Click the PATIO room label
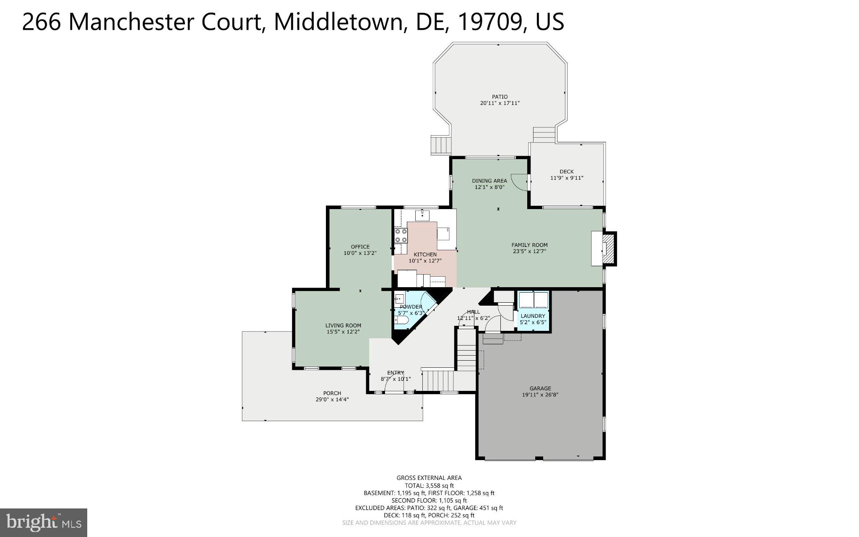point(500,97)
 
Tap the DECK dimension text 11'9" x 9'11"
point(567,178)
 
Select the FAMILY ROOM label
point(529,245)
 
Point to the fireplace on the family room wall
point(607,248)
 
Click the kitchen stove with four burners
point(401,236)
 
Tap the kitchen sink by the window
point(422,215)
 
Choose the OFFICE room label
point(360,246)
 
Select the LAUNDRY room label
point(533,316)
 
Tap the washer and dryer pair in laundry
point(534,300)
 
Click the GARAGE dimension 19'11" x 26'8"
point(540,395)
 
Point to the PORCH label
point(332,393)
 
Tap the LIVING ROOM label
point(343,325)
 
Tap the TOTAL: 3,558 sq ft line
point(429,485)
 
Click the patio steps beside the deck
point(544,135)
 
